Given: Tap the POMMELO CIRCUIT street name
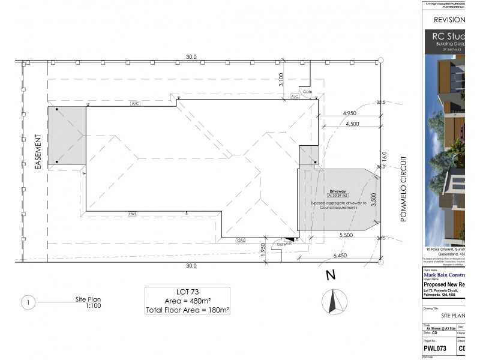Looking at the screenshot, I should (404, 189).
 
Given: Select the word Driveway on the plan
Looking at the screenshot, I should (338, 191).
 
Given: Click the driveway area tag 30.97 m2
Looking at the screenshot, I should (338, 196).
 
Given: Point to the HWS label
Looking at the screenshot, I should (133, 214).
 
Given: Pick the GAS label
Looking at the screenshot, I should (241, 241).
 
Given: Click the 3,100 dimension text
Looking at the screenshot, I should (281, 80).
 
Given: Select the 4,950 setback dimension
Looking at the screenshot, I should (350, 113).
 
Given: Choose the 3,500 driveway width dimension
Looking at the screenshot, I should (373, 200).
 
